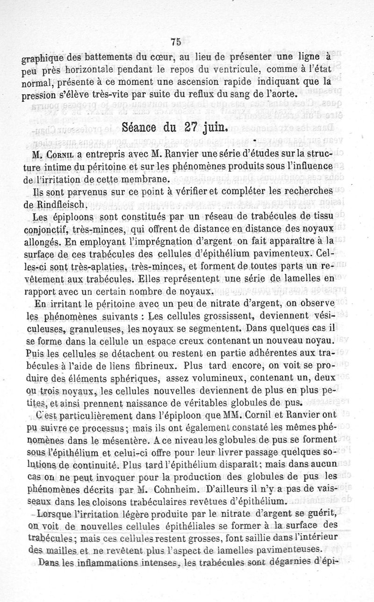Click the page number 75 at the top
click(x=175, y=42)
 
